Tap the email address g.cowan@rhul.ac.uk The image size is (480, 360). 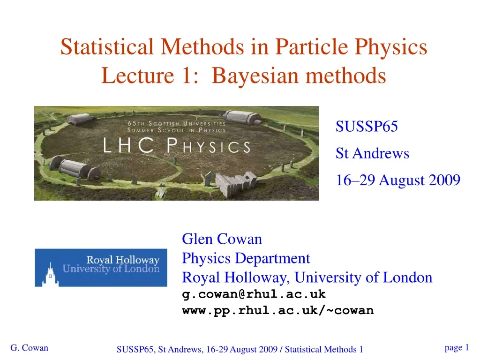click(254, 294)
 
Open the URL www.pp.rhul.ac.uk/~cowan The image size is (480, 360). click(277, 310)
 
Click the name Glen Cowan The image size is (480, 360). click(222, 239)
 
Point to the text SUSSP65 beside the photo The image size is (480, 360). click(367, 127)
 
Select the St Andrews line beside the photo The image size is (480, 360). click(372, 153)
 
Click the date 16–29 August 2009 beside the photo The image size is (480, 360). click(398, 180)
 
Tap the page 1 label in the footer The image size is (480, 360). click(456, 347)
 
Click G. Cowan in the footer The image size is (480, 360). click(29, 348)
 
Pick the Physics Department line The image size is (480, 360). click(246, 258)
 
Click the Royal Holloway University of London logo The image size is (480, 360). click(101, 267)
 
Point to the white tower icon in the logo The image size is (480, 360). click(49, 274)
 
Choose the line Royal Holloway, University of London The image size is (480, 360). click(307, 277)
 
